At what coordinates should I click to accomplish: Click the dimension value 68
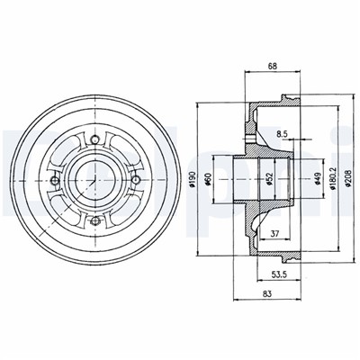(273, 67)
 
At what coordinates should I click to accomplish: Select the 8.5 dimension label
(282, 134)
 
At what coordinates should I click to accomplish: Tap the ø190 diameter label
(193, 179)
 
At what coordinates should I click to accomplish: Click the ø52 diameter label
(269, 179)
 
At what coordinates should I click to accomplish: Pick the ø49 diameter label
(318, 179)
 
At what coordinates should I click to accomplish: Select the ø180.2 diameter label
(332, 179)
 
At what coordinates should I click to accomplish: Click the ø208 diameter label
(347, 179)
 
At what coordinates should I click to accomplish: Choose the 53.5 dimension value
(279, 274)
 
